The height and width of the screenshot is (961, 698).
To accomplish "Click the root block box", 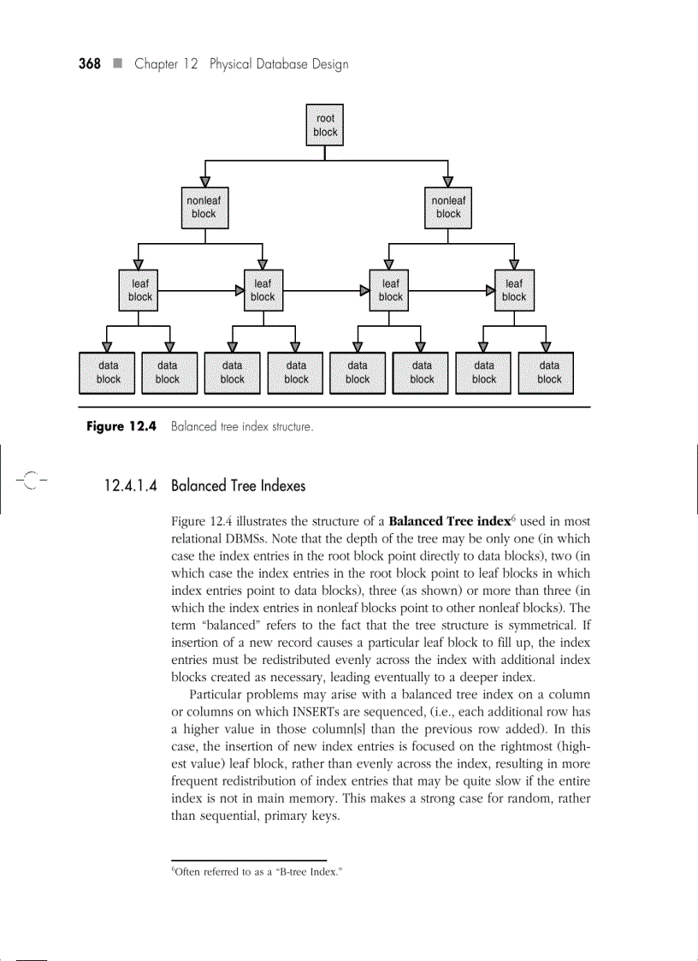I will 325,125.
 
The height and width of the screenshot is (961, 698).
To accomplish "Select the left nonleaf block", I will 204,207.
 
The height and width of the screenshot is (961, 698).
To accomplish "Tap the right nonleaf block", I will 448,207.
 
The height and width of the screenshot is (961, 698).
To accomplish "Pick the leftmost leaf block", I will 140,290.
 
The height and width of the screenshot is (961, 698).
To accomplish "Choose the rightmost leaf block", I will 514,290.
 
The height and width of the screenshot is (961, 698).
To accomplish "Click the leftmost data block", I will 109,372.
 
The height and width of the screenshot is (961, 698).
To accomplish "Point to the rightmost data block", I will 549,372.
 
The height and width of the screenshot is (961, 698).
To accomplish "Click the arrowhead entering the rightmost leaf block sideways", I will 489,291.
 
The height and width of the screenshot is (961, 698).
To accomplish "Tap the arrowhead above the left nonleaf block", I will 204,181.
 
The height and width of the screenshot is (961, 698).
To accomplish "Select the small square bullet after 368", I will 117,64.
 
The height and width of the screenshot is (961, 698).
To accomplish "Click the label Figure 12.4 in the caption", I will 119,426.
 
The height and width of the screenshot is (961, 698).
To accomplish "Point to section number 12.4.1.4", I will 131,486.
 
